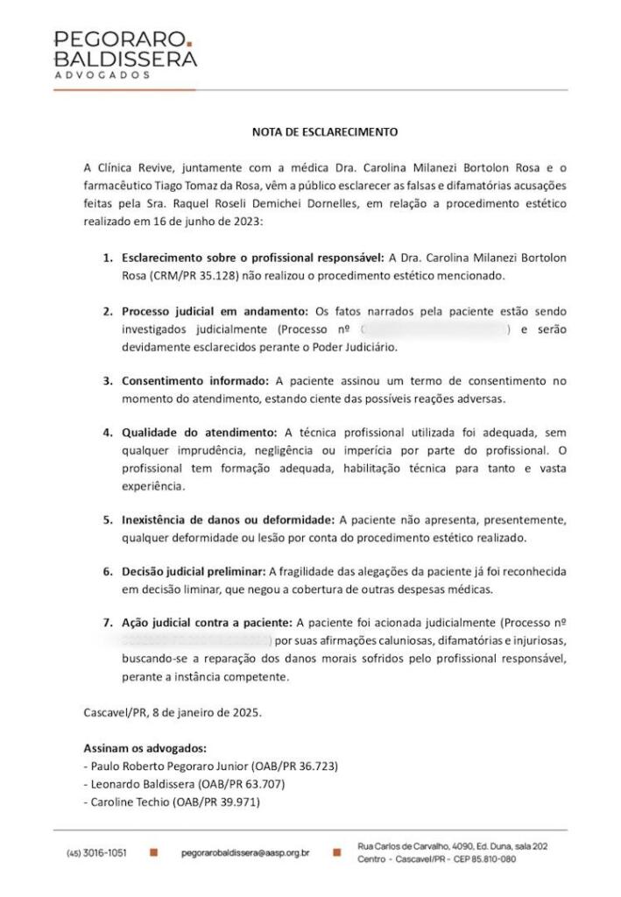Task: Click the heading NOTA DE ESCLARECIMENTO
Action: tap(324, 132)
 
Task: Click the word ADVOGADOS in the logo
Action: tap(102, 75)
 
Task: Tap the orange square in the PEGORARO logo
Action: tap(189, 42)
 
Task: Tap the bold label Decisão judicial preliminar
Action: tap(194, 571)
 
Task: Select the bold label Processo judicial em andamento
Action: tap(214, 311)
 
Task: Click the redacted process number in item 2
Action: tap(434, 328)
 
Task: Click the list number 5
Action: tap(108, 519)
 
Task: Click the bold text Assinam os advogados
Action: tap(145, 749)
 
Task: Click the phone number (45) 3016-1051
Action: tap(97, 852)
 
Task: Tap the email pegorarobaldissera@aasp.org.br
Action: tap(245, 852)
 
